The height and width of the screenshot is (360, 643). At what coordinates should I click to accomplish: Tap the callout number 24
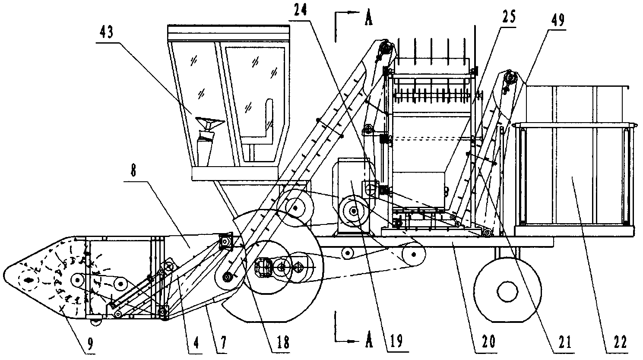coord(300,11)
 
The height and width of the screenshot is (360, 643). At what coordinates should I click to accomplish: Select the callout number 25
coord(508,17)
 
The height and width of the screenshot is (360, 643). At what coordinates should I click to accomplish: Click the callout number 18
coord(282,342)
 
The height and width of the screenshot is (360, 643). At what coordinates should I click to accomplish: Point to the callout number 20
coord(488,342)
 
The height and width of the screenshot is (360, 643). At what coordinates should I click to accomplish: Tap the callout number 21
coord(564,342)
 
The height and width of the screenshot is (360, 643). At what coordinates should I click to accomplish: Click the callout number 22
coord(619,342)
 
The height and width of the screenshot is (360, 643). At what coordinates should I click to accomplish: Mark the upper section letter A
coord(368,18)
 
